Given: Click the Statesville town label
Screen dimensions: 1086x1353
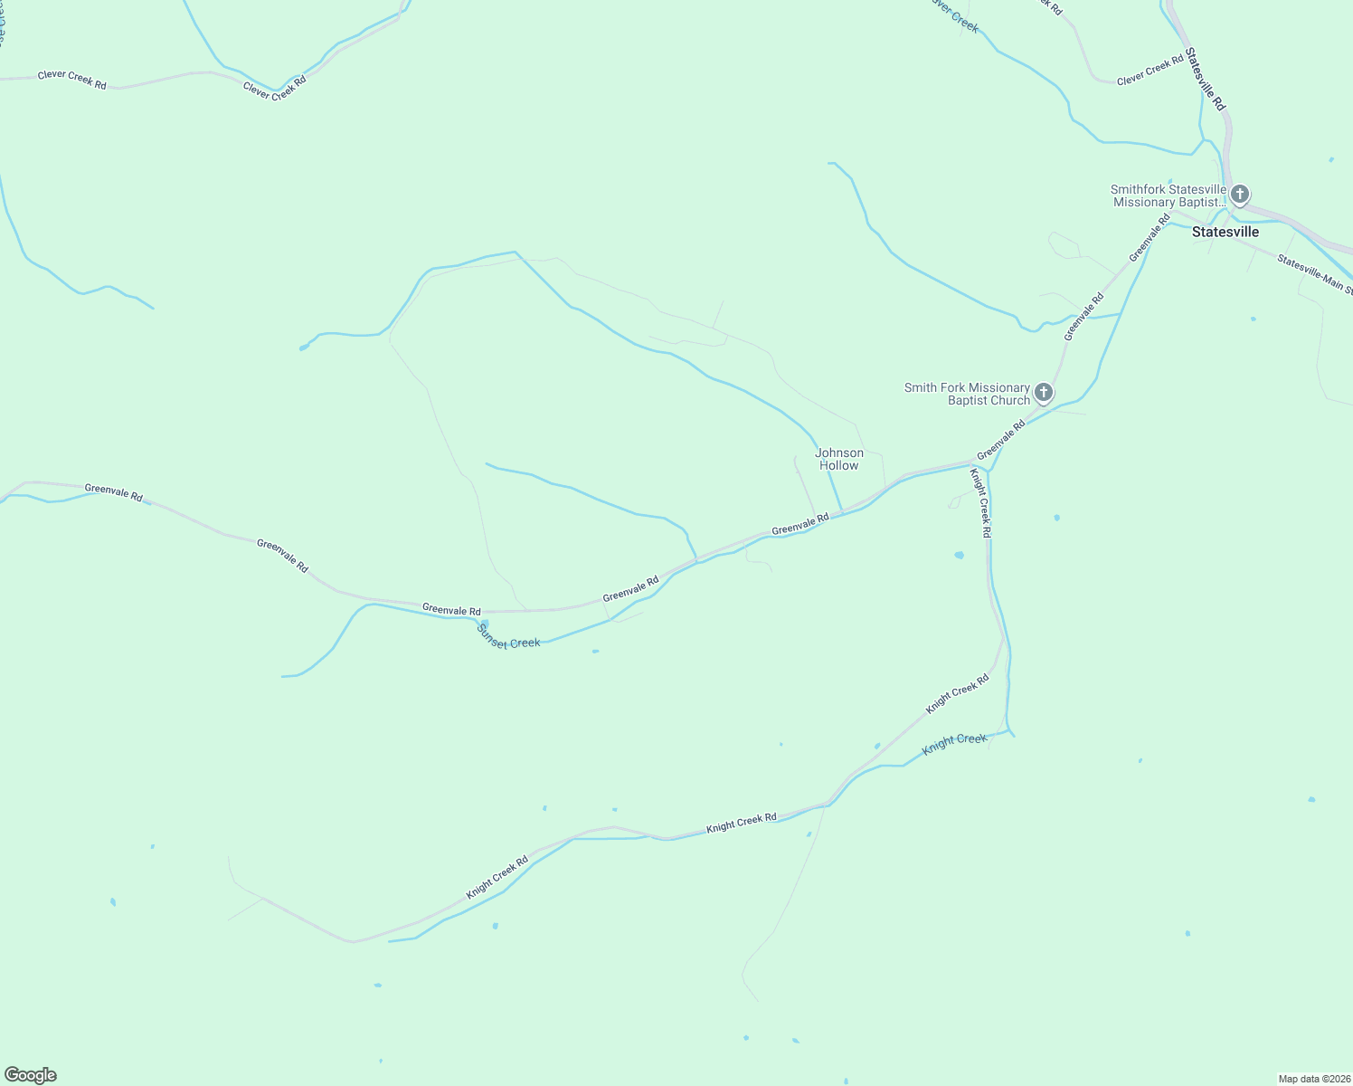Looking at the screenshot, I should pyautogui.click(x=1225, y=232).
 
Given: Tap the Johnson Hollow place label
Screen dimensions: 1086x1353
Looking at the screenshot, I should pyautogui.click(x=839, y=459).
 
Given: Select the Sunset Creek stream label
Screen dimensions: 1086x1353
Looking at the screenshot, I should pyautogui.click(x=508, y=637).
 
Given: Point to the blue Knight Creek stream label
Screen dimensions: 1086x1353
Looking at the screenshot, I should pyautogui.click(x=954, y=745).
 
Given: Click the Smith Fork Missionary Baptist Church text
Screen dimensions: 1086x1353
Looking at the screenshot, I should pyautogui.click(x=967, y=394).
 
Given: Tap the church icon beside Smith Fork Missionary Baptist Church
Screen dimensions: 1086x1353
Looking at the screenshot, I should pyautogui.click(x=1044, y=393).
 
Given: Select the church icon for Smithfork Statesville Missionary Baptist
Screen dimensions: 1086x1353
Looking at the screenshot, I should pyautogui.click(x=1240, y=194).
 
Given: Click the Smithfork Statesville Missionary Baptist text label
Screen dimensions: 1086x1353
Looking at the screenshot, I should pyautogui.click(x=1168, y=195).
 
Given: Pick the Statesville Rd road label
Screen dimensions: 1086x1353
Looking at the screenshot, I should pyautogui.click(x=1206, y=80).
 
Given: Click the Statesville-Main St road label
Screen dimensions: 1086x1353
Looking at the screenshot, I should pyautogui.click(x=1315, y=274).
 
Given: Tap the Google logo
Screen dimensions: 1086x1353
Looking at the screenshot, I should pyautogui.click(x=31, y=1075).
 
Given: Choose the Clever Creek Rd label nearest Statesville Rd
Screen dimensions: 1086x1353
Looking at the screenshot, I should pyautogui.click(x=1150, y=70).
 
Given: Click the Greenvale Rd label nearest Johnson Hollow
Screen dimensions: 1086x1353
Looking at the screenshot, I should pyautogui.click(x=800, y=524).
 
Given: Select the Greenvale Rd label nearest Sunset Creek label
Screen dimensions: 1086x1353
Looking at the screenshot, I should pyautogui.click(x=451, y=610).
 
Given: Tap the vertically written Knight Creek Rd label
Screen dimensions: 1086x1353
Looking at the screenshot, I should pyautogui.click(x=980, y=503).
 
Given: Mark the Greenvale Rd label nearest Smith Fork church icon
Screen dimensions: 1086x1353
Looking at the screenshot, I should pyautogui.click(x=1001, y=439).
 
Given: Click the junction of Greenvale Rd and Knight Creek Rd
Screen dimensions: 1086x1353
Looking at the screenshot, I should pyautogui.click(x=972, y=465).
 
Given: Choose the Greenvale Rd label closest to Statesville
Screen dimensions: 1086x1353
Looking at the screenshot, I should pyautogui.click(x=1149, y=237).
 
